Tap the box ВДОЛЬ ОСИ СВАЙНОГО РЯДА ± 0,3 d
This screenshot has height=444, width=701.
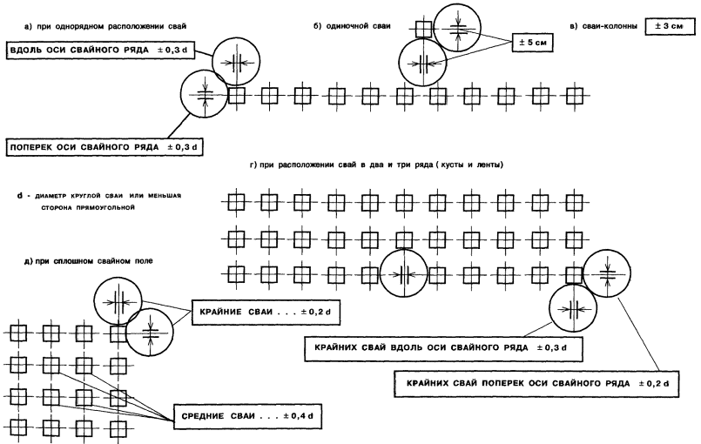pos(100,50)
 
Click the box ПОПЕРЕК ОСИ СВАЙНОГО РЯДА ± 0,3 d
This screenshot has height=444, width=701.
pos(104,148)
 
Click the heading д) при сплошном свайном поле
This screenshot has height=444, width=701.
pos(66,262)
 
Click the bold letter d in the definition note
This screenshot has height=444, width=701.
pos(18,195)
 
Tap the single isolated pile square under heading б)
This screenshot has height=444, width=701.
pos(424,29)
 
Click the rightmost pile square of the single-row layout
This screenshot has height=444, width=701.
pos(573,94)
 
